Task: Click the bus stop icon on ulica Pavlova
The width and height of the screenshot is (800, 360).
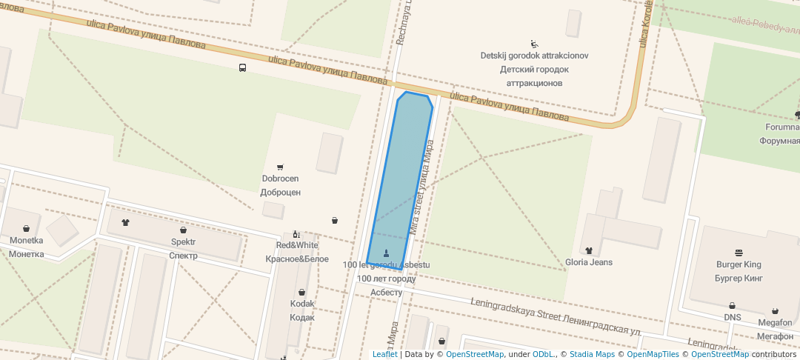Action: tap(243, 68)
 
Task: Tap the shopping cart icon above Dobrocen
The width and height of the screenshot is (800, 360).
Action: tap(280, 167)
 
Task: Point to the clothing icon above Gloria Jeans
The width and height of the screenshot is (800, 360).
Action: tap(589, 250)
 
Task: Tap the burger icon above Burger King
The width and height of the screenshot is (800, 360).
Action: tap(739, 253)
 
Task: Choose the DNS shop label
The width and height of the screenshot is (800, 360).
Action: tap(732, 317)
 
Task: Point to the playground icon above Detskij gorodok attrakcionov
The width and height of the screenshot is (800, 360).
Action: tap(534, 44)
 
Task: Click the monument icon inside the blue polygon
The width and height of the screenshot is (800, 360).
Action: tap(386, 253)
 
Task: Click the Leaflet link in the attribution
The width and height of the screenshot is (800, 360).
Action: tap(384, 354)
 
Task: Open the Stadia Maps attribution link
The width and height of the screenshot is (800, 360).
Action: tap(592, 354)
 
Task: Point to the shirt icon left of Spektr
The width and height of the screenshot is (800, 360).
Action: tap(124, 222)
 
